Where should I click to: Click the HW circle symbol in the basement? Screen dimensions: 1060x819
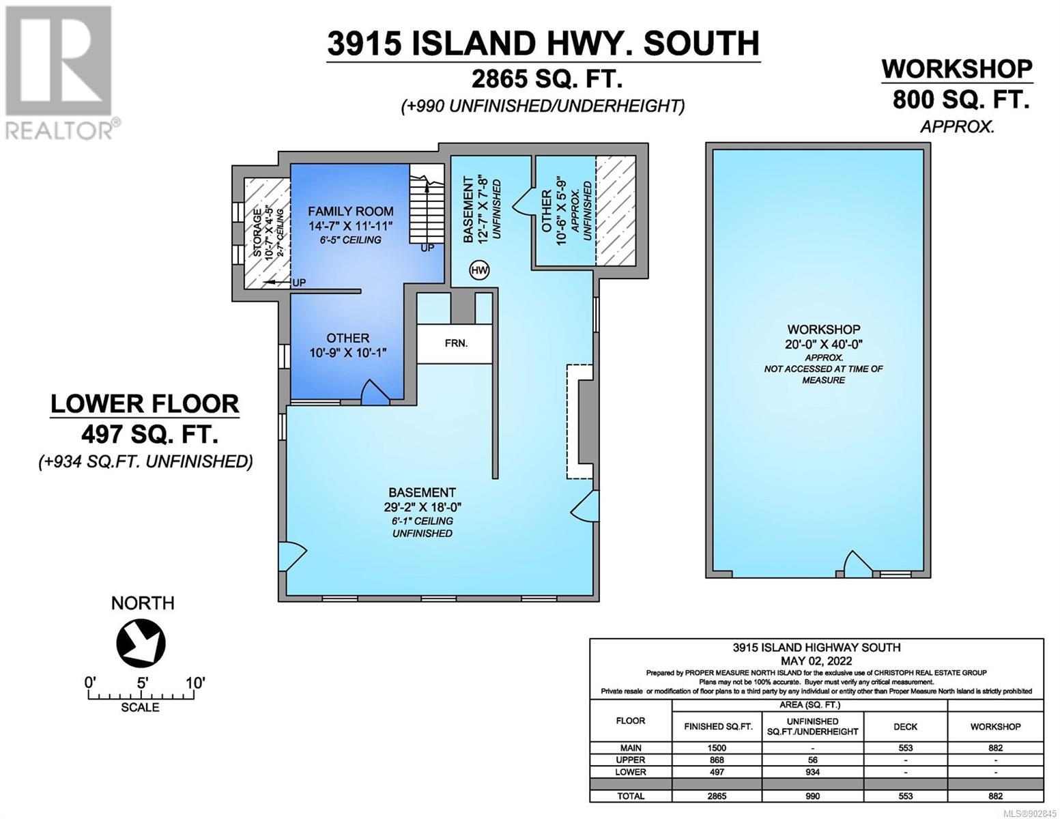click(x=479, y=270)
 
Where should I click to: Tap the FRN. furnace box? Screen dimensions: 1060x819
click(x=455, y=343)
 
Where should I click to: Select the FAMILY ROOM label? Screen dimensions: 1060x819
click(x=350, y=211)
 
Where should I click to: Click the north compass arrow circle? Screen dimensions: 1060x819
click(x=141, y=643)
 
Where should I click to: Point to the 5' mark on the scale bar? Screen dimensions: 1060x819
click(x=142, y=683)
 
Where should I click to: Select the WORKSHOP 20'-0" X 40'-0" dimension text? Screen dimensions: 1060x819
click(x=823, y=344)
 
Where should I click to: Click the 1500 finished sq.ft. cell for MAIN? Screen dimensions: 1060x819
click(x=717, y=748)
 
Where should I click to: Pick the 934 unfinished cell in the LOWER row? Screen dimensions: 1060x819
click(x=812, y=772)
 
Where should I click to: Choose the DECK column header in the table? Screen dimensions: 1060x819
click(x=905, y=727)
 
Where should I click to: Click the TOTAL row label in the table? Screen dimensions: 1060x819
click(x=631, y=796)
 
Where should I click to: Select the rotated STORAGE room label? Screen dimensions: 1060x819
click(x=257, y=233)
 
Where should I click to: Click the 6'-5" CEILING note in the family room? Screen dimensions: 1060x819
click(x=350, y=240)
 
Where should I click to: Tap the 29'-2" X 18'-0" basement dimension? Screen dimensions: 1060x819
click(x=422, y=507)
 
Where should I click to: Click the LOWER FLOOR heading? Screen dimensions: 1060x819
click(x=145, y=404)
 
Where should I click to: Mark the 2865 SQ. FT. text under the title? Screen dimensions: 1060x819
click(x=547, y=78)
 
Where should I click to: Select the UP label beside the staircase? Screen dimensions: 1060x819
click(x=427, y=248)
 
